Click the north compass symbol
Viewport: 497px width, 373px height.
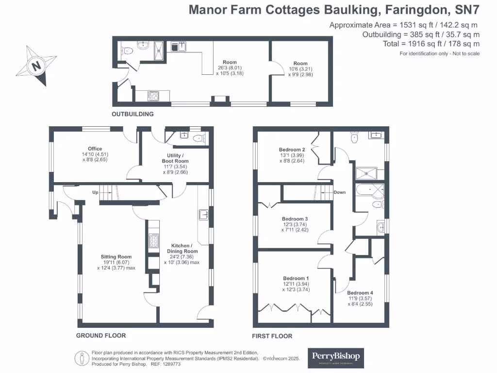36,65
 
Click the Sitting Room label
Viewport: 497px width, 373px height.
116,257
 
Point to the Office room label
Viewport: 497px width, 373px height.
95,149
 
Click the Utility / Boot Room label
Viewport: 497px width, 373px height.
174,158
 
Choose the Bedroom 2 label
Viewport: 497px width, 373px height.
292,150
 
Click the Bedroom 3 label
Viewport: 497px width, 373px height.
295,219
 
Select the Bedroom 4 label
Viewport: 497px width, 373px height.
360,293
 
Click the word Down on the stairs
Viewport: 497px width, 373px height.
340,192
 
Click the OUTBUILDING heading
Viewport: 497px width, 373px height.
133,114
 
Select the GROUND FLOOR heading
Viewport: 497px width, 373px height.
101,336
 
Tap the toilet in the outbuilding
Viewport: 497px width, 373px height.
127,50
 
